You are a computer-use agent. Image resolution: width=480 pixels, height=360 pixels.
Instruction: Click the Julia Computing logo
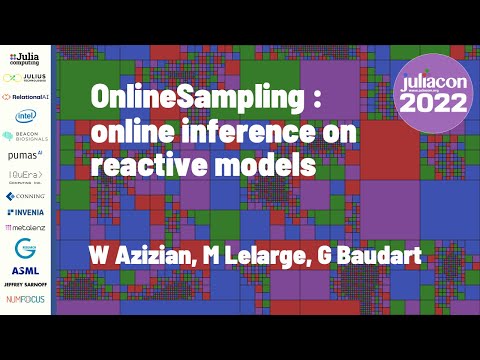[x=25, y=57]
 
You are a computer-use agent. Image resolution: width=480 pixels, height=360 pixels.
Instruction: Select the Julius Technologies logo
[x=25, y=77]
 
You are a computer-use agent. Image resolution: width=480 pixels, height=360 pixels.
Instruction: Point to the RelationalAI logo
[x=25, y=97]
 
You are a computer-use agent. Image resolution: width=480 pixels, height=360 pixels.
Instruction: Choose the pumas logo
[x=25, y=155]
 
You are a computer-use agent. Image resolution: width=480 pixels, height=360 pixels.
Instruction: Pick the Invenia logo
[x=25, y=212]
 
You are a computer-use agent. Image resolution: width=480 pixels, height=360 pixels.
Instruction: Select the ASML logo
[x=25, y=270]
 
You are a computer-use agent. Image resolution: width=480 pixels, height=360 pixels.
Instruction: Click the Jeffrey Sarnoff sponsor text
[x=25, y=285]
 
